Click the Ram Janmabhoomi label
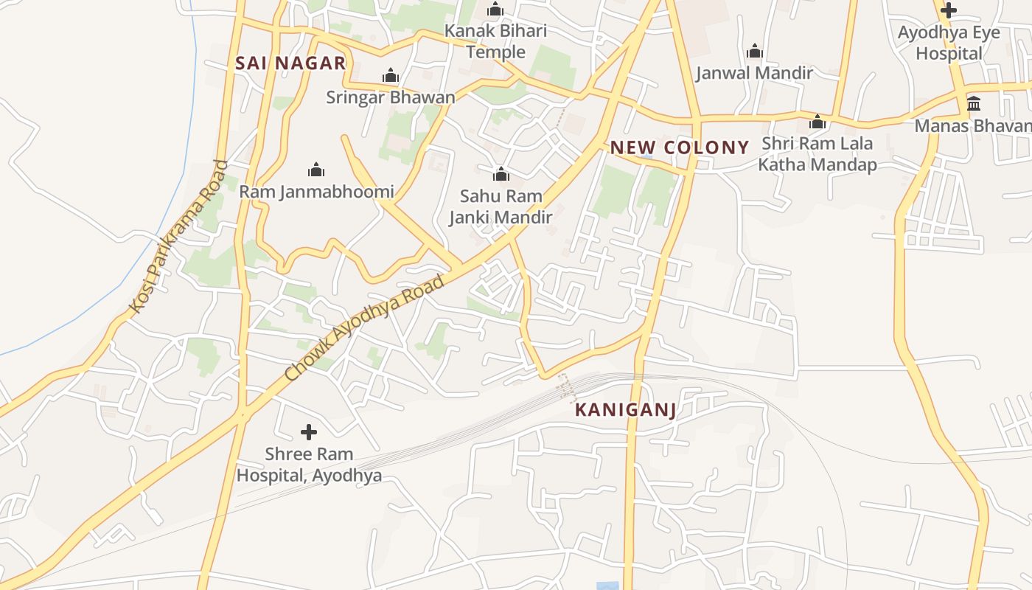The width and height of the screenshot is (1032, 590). [316, 192]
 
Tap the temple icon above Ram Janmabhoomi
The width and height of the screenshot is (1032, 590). [316, 170]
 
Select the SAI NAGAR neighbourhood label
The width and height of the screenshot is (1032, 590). [290, 63]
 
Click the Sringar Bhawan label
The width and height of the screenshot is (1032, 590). [391, 97]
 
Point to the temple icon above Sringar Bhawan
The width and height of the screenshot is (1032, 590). [391, 75]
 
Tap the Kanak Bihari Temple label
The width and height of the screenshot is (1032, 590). [495, 41]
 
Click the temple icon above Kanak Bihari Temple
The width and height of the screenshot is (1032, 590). [495, 10]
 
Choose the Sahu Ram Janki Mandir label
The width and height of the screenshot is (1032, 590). [501, 206]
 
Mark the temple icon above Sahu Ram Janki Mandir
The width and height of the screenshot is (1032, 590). [501, 174]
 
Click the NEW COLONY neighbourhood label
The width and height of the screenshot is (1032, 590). [679, 147]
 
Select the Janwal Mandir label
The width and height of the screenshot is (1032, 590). [754, 73]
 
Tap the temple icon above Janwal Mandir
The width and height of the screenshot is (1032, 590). [754, 52]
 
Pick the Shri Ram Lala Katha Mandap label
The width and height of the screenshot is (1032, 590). [817, 153]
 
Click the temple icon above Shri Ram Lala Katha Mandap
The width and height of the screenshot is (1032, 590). [817, 122]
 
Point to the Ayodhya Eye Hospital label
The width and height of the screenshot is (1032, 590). [949, 43]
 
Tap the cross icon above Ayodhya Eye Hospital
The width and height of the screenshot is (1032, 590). [949, 10]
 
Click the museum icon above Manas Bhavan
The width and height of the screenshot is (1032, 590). [974, 103]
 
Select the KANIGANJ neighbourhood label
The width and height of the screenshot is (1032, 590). [625, 410]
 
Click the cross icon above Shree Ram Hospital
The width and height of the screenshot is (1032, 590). [309, 432]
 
